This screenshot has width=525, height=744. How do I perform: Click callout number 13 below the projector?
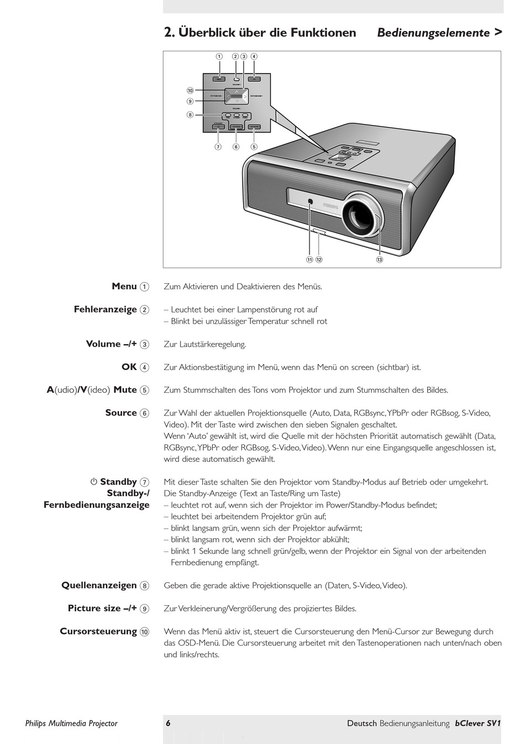point(379,259)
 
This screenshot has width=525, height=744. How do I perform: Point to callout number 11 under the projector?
point(309,259)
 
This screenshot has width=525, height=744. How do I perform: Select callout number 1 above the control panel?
point(219,56)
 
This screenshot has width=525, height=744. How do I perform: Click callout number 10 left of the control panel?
point(190,91)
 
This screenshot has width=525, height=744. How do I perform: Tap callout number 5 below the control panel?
point(254,147)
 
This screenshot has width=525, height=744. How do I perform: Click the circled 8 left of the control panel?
point(190,115)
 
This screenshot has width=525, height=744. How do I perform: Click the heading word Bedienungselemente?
point(433,33)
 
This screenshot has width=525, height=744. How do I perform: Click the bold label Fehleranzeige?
point(105,310)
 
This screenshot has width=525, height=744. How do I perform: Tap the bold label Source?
point(120,413)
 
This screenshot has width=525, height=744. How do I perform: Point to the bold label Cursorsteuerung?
point(98,631)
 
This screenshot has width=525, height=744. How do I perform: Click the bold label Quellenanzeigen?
point(99,585)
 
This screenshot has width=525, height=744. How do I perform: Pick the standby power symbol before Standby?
point(94,482)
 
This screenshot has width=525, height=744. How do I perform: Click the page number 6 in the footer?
point(168,723)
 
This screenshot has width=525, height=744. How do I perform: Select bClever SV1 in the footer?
point(477,723)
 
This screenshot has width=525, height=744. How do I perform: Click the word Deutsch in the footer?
point(362,723)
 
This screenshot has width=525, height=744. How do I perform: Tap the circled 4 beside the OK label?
point(144,367)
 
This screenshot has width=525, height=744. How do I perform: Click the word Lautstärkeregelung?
point(212,344)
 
